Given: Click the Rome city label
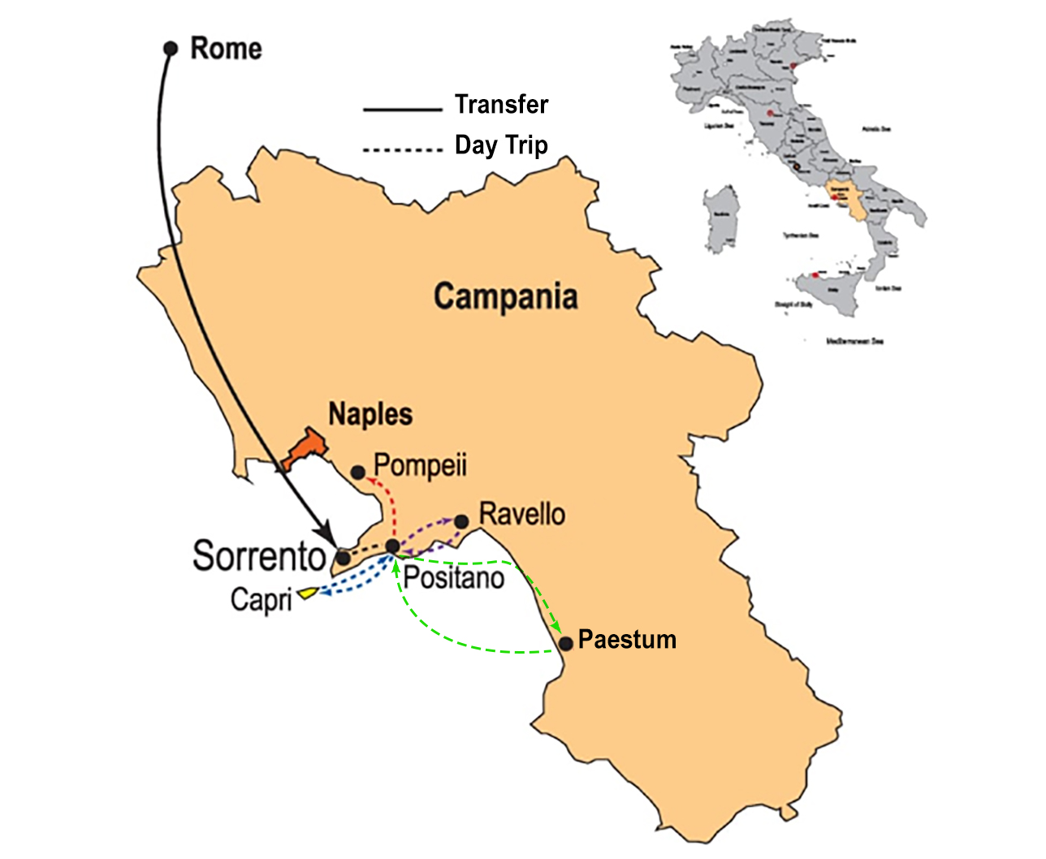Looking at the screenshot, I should point(226,49).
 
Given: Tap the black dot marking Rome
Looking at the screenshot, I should point(171,49).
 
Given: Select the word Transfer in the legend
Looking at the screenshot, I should point(501,105).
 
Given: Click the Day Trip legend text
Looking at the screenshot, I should point(501,145).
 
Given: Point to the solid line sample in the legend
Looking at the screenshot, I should point(401,109).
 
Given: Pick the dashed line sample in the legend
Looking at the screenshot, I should point(401,150).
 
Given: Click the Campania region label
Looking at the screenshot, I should point(505,296).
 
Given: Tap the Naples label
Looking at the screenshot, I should point(370,414).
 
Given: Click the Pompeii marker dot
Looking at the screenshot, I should point(357,472).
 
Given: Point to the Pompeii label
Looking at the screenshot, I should point(420,466).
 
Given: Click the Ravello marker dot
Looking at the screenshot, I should point(461,521).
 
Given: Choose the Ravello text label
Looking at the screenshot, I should point(522,514).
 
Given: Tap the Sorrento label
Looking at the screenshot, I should point(259,556).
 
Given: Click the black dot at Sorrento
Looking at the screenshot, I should point(344,558).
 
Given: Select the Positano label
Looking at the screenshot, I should point(454,578).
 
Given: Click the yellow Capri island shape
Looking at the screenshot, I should point(307,594).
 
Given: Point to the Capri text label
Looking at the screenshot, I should point(261,600).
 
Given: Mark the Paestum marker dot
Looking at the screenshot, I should point(566,644).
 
